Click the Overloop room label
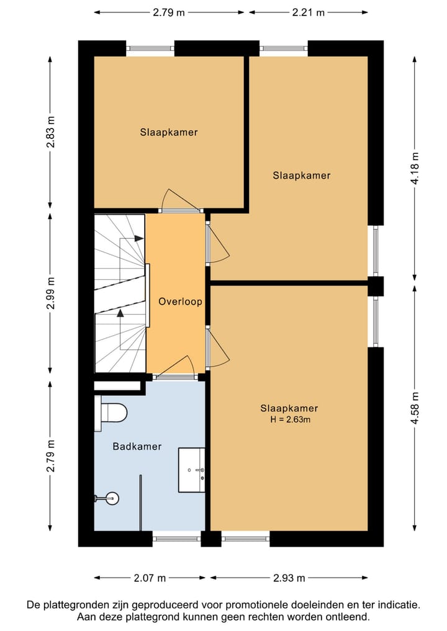(180, 302)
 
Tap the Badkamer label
(137, 446)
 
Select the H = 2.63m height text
(290, 419)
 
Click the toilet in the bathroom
(111, 413)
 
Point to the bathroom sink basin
(192, 470)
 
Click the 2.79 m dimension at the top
(169, 12)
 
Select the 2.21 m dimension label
(309, 12)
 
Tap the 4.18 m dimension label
(415, 168)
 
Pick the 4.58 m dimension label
(415, 408)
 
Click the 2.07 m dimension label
(150, 578)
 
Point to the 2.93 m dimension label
(289, 578)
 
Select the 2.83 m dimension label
(50, 132)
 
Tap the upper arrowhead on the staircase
(139, 238)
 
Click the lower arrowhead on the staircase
(120, 313)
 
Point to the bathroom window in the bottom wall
(176, 539)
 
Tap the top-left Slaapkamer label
(169, 132)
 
